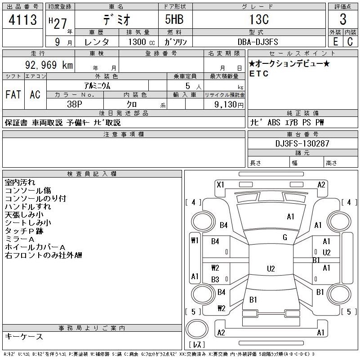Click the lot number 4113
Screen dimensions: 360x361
tap(23, 20)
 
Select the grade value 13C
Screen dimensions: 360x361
tap(259, 19)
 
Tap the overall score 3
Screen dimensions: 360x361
tap(343, 19)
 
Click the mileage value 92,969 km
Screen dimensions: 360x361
tap(49, 65)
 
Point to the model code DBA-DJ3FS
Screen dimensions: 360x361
tap(258, 42)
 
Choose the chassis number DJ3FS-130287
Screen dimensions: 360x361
tap(302, 144)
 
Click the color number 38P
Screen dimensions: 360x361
tap(75, 104)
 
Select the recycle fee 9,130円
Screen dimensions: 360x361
tap(229, 105)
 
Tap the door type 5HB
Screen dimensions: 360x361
tap(174, 19)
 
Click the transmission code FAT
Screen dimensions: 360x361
tap(13, 94)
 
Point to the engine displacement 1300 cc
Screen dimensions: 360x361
tap(142, 42)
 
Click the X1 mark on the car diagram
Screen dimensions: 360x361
tap(220, 185)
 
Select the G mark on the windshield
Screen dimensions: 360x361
tap(285, 237)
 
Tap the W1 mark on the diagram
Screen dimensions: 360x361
tap(195, 241)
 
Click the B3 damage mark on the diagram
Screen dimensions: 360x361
tap(215, 280)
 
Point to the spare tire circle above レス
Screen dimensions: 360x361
tap(197, 329)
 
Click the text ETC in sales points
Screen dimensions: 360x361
tap(259, 74)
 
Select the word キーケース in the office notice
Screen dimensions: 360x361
tap(24, 336)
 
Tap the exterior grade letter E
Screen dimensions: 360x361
tap(336, 42)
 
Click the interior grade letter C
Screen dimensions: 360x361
tap(350, 42)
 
